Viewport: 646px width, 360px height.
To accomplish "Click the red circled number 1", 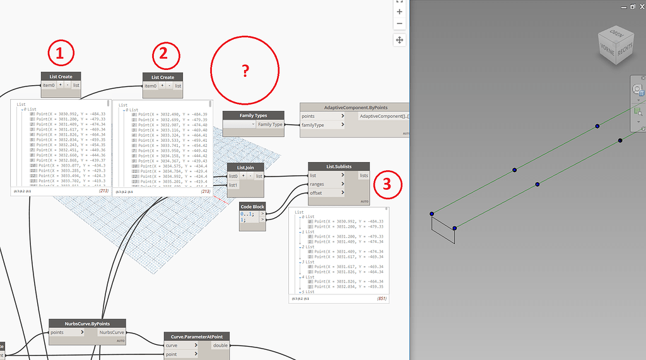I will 60,55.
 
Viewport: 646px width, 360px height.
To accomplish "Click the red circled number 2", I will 163,54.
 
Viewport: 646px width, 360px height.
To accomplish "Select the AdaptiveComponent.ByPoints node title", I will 354,108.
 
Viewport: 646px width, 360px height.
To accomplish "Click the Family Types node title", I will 253,115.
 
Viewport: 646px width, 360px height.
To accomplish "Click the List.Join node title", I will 245,167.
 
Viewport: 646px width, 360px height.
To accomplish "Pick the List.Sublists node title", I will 339,166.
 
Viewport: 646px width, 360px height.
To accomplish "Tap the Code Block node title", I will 252,206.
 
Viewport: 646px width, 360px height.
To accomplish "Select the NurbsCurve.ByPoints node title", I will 87,323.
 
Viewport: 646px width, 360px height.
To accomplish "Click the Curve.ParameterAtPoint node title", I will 197,337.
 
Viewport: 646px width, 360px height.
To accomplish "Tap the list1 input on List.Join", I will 233,185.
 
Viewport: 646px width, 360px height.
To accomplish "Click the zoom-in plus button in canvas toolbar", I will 399,11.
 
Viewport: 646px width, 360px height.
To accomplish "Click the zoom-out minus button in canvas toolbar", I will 399,24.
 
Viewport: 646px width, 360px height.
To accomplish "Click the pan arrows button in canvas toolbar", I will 399,40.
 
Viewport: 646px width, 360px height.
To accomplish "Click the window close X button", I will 640,6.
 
